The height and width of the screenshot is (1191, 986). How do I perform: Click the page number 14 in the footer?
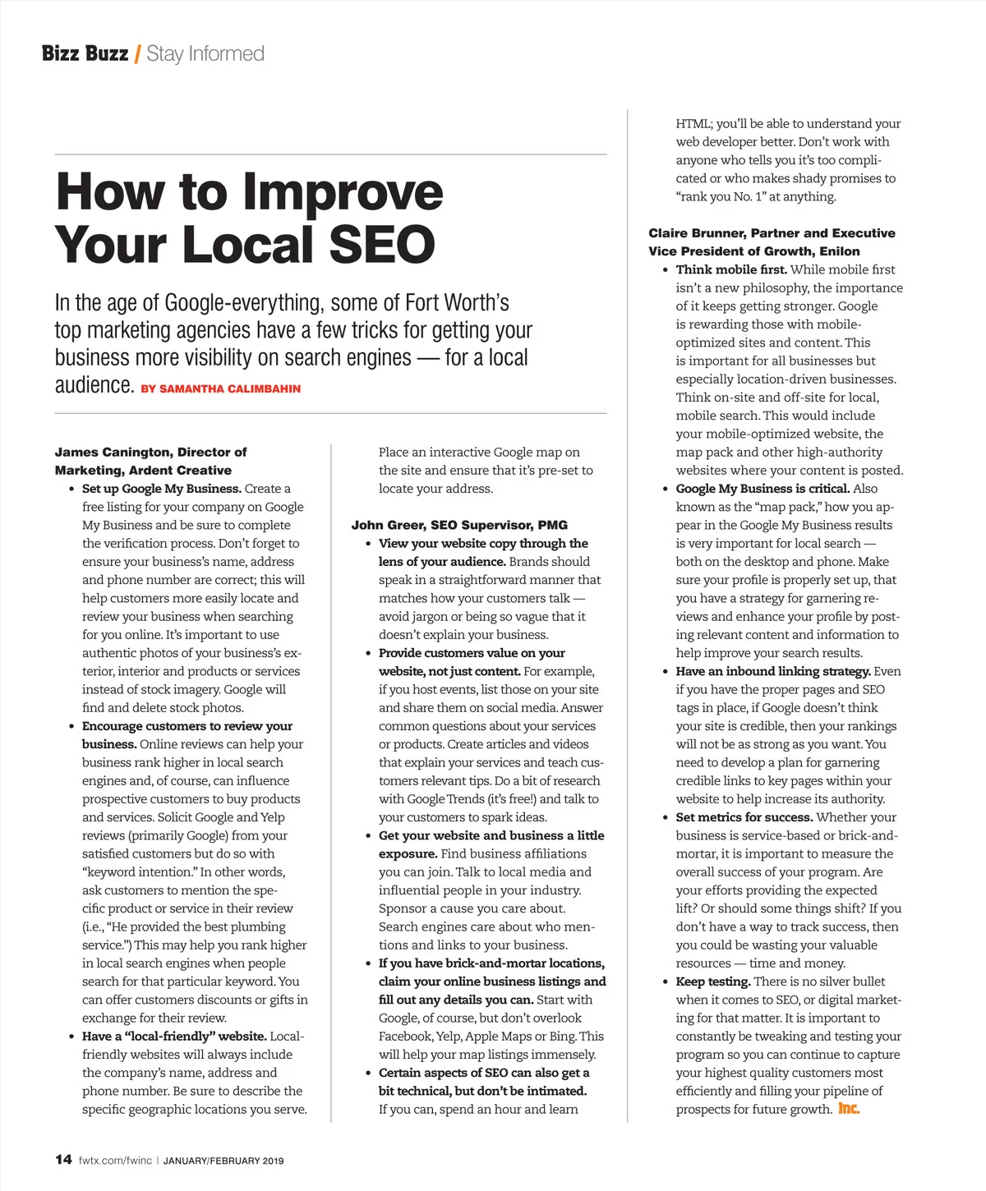(x=63, y=1160)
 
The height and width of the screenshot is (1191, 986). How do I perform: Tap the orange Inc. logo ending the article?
(x=849, y=1109)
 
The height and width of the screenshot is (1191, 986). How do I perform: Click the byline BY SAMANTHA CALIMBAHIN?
(x=220, y=389)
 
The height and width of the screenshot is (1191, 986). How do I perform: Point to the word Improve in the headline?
(x=343, y=191)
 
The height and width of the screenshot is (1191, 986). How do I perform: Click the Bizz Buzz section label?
(x=85, y=54)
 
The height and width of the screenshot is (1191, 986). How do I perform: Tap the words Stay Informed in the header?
(x=205, y=54)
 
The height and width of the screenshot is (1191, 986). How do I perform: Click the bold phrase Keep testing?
(x=712, y=982)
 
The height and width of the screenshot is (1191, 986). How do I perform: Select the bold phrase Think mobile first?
(x=731, y=269)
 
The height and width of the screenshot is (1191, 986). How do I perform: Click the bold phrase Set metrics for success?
(x=744, y=817)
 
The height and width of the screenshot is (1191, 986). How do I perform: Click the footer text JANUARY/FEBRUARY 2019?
(x=223, y=1161)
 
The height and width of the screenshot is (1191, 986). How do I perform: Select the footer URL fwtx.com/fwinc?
(x=115, y=1161)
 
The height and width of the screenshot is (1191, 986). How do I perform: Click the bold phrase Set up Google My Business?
(x=161, y=489)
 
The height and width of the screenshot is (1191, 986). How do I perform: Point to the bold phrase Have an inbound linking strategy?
(x=772, y=671)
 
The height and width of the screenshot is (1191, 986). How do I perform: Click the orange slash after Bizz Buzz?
(x=137, y=54)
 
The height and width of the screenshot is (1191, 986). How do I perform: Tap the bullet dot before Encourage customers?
(x=72, y=727)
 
